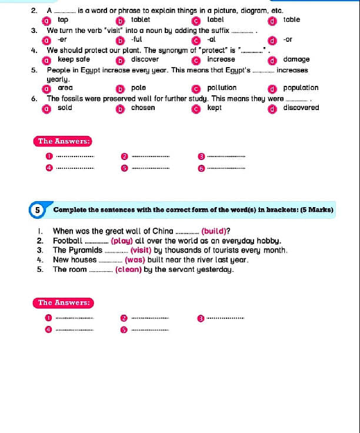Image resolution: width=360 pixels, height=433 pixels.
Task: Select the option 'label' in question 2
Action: (x=215, y=19)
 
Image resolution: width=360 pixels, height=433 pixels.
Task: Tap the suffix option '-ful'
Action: (x=136, y=39)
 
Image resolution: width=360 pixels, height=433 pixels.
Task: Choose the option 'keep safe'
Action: (x=74, y=59)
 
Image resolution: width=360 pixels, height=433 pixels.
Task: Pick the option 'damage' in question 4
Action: (x=296, y=59)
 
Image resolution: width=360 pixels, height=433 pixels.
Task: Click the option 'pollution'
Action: (x=222, y=88)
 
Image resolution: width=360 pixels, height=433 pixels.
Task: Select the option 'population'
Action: (x=301, y=88)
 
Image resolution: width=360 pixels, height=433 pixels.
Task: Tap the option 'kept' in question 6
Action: (x=215, y=108)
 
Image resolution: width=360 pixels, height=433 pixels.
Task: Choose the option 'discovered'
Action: (x=301, y=108)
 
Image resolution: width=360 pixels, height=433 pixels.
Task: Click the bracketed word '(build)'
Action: (x=215, y=231)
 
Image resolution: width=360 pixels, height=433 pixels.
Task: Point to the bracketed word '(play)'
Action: (x=122, y=241)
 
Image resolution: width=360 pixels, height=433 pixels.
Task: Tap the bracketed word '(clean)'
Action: (x=128, y=269)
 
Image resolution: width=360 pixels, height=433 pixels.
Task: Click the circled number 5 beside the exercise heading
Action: (x=37, y=209)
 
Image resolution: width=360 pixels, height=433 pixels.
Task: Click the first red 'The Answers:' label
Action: (x=64, y=141)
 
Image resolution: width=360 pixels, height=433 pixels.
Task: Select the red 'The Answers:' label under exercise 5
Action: (x=64, y=302)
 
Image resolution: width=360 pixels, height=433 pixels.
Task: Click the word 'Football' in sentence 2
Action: (x=68, y=241)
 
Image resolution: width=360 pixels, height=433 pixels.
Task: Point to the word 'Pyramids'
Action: (x=85, y=250)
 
